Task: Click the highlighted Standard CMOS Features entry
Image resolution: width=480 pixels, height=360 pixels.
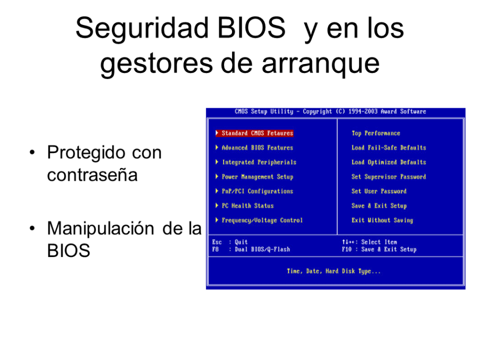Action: (257, 133)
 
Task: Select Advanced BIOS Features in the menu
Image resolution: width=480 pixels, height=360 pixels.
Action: (257, 148)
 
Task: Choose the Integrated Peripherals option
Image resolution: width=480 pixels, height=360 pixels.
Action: (259, 162)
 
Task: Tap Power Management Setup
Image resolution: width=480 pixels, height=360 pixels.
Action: (257, 177)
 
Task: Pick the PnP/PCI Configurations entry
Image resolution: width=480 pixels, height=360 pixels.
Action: (257, 191)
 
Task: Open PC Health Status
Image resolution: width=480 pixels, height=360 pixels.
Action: (247, 206)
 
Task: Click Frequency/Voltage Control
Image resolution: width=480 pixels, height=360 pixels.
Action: (262, 220)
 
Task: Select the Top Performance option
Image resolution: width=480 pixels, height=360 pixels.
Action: (375, 133)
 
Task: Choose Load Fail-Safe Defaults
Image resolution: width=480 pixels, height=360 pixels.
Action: (389, 148)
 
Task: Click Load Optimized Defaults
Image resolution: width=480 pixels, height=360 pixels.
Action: (389, 162)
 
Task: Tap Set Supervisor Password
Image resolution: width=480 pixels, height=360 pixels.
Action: (389, 177)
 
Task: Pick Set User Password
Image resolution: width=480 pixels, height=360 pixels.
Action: (379, 191)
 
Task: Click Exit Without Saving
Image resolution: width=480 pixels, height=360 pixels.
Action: (382, 220)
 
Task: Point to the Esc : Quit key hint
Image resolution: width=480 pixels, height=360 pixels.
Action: (230, 242)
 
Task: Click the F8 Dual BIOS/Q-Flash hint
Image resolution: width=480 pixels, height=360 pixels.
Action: (251, 249)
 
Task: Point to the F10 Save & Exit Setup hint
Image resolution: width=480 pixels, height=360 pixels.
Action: (379, 249)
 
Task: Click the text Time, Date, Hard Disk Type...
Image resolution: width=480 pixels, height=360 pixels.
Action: (334, 271)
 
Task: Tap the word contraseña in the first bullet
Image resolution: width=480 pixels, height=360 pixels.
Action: (92, 175)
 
